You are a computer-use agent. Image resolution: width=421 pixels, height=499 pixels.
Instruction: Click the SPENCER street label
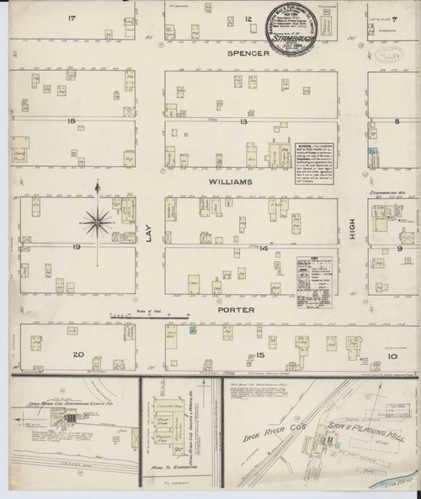(x=247, y=53)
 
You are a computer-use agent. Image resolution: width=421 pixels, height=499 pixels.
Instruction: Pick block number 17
(x=72, y=18)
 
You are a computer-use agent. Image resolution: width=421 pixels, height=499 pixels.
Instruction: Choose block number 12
(x=248, y=18)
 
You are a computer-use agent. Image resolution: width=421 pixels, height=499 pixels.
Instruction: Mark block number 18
(x=72, y=121)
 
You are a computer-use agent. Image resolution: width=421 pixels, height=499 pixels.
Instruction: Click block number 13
(x=244, y=121)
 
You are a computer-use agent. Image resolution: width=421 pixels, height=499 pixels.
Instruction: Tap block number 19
(x=76, y=247)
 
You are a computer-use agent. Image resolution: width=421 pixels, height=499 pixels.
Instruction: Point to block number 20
(x=79, y=354)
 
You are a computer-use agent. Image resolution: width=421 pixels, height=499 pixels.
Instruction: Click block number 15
(x=248, y=354)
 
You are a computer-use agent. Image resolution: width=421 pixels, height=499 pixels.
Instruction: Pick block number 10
(x=394, y=356)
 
